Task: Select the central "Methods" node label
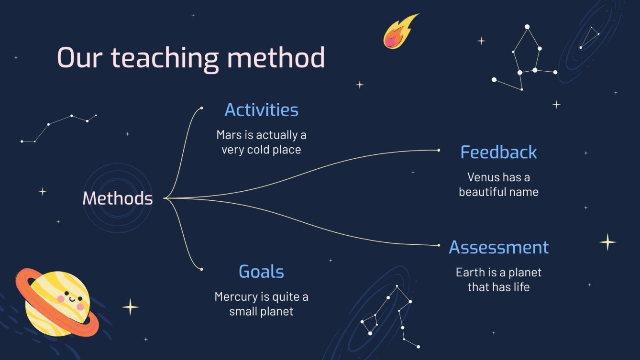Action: [x=118, y=198]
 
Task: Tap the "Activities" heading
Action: [x=261, y=110]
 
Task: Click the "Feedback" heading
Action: [x=498, y=153]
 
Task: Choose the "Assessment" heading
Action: [x=498, y=247]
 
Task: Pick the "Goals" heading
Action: [x=261, y=272]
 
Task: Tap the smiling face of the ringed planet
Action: [x=70, y=300]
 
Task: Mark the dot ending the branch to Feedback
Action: [x=439, y=150]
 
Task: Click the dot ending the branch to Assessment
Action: [x=439, y=245]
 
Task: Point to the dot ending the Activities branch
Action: [x=201, y=108]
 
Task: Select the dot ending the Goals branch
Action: [x=201, y=270]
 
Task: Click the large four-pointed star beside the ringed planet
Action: [x=130, y=307]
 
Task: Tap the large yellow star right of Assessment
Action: [x=608, y=242]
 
